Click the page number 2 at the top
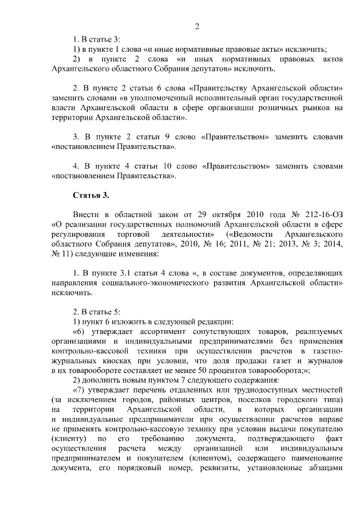click(x=197, y=26)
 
